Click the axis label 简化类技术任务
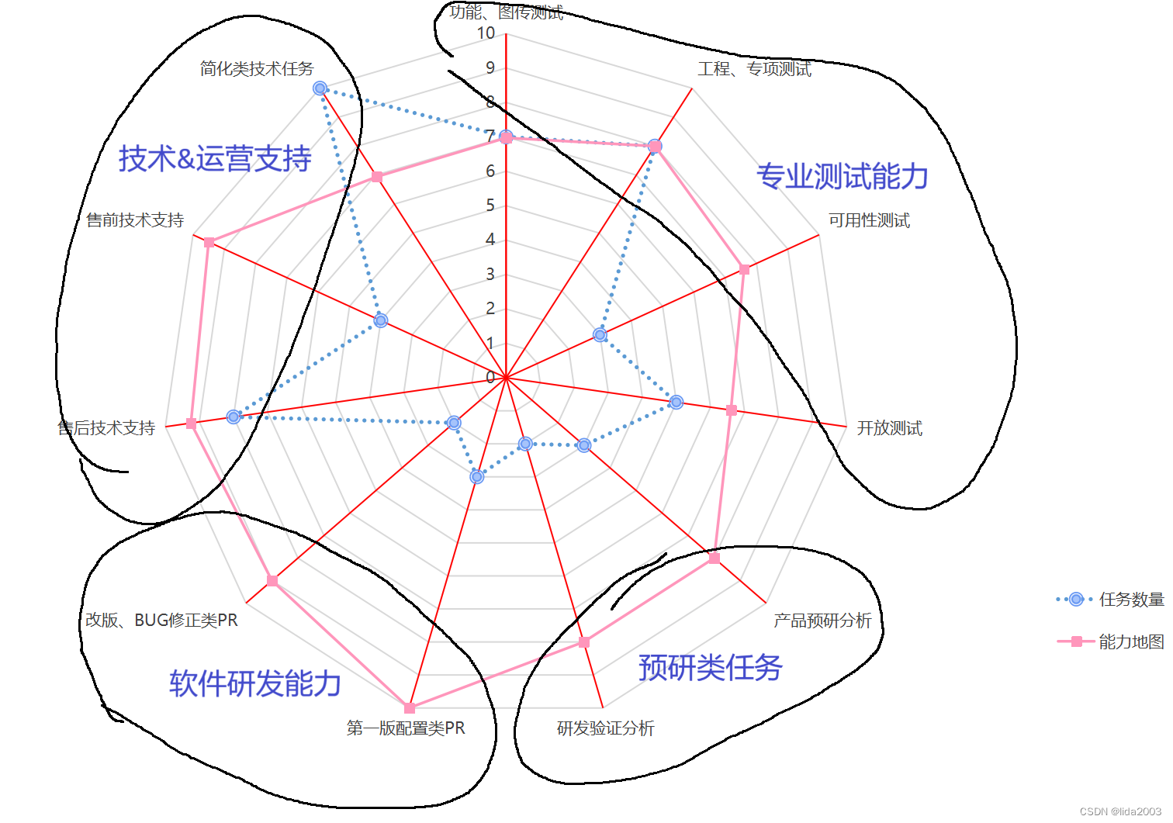pos(257,69)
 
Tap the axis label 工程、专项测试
pos(754,69)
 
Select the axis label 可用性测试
pos(869,220)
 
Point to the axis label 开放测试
pos(889,428)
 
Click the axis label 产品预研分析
pos(822,621)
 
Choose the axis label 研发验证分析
pos(605,728)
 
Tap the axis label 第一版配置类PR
pos(406,728)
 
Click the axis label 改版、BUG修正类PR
pos(161,621)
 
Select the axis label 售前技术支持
pos(135,220)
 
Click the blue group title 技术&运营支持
pos(215,159)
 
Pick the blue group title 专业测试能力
pos(843,177)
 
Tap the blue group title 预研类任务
pos(710,668)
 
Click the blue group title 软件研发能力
pos(255,683)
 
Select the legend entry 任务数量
pos(1131,600)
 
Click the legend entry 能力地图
pos(1131,641)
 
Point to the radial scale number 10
pos(486,33)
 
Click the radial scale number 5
pos(490,206)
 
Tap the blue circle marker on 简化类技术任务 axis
pos(320,88)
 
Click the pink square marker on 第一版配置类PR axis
pos(410,708)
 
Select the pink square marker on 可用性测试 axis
pos(744,269)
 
